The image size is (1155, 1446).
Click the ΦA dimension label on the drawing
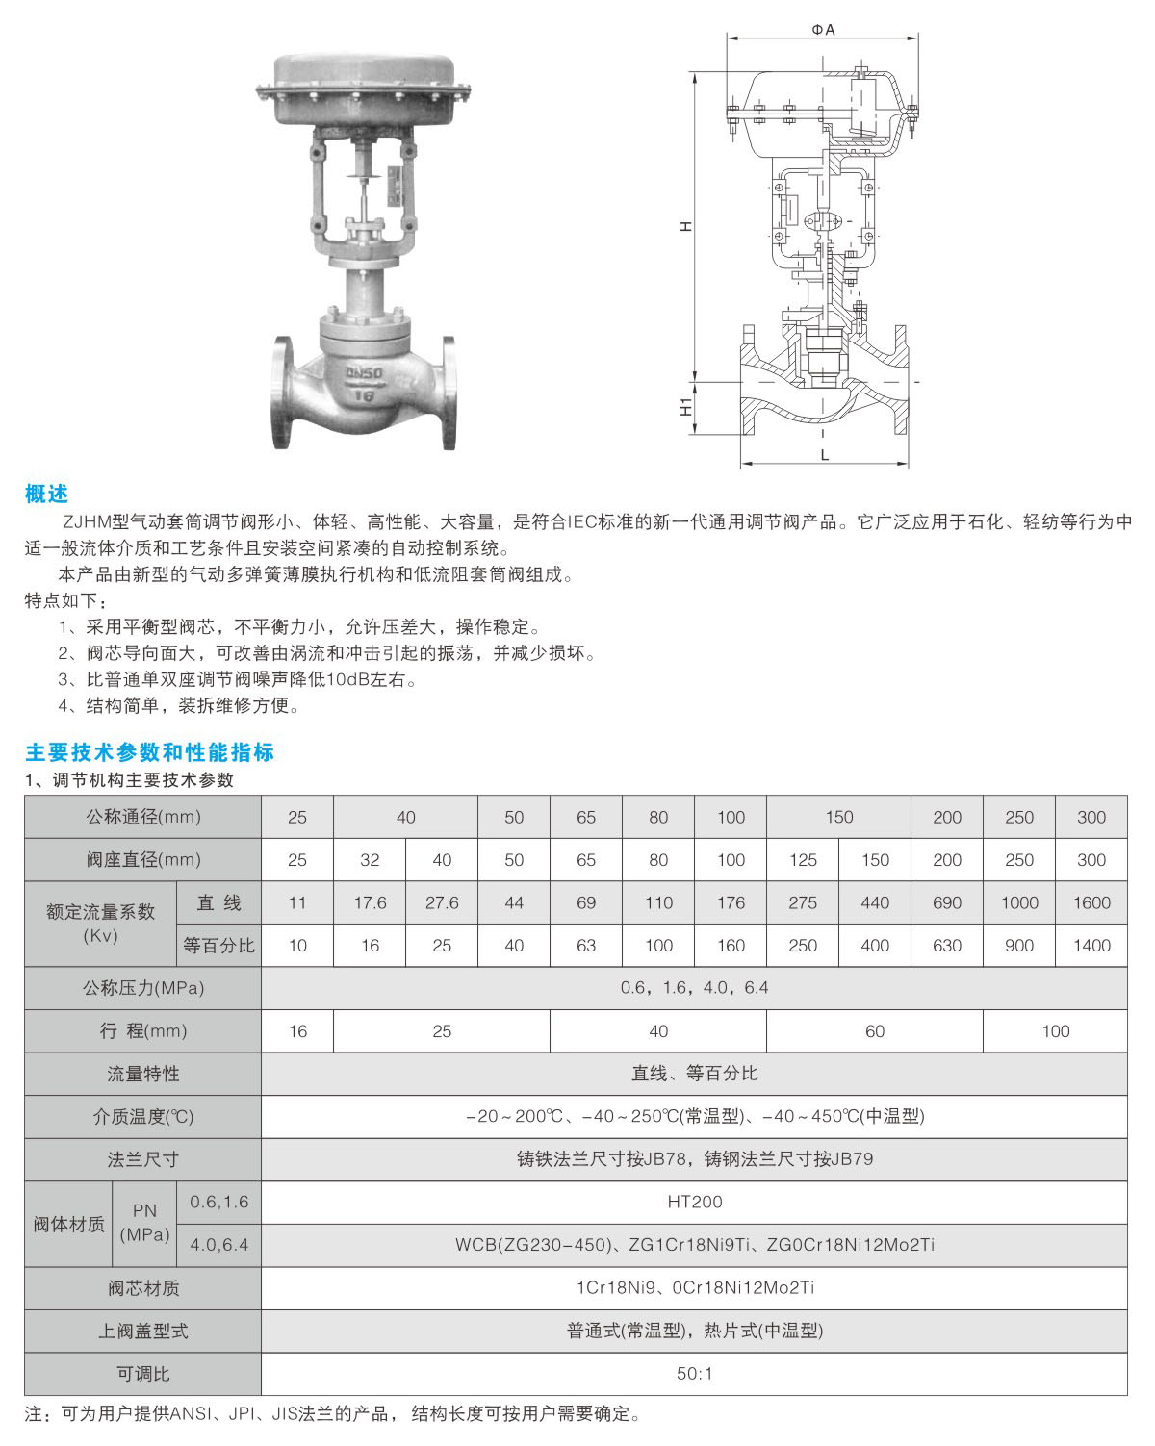(x=823, y=30)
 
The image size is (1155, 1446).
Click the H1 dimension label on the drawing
(x=685, y=407)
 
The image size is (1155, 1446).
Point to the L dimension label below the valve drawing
(x=825, y=455)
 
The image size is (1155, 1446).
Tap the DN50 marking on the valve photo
(x=364, y=372)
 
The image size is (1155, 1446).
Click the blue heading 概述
(x=46, y=494)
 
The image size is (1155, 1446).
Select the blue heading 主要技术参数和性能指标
(x=149, y=752)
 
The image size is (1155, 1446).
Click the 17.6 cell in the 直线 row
(x=370, y=902)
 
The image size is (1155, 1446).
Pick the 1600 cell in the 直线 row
(x=1091, y=902)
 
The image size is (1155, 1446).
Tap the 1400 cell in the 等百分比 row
(x=1091, y=946)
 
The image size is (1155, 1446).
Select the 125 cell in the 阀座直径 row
(x=803, y=859)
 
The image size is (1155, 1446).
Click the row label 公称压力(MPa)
(x=143, y=988)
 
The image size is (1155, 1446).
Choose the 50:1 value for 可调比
(x=695, y=1374)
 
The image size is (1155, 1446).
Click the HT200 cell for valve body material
(x=695, y=1202)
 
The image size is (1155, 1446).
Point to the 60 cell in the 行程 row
(x=875, y=1030)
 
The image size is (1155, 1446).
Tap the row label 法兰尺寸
(x=143, y=1159)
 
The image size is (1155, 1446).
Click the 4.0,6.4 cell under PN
(x=219, y=1244)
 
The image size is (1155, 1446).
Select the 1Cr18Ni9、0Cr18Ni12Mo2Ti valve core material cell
(x=695, y=1287)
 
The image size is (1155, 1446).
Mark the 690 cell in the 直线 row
(x=946, y=902)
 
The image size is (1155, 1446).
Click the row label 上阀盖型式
(x=143, y=1332)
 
